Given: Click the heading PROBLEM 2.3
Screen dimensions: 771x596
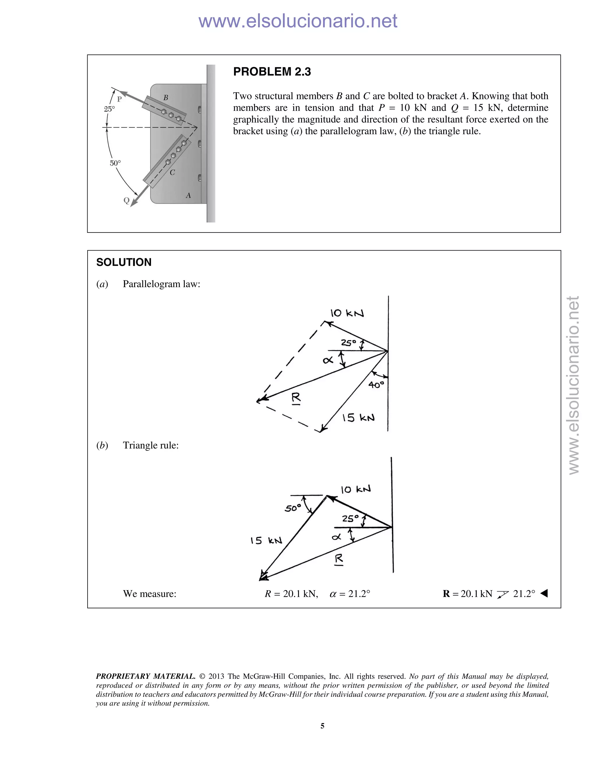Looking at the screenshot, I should pyautogui.click(x=272, y=72).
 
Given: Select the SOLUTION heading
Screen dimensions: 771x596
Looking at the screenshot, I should pyautogui.click(x=124, y=262).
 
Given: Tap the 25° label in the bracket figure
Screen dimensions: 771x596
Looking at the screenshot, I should pyautogui.click(x=109, y=109).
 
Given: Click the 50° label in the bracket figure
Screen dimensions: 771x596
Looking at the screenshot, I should pyautogui.click(x=115, y=163).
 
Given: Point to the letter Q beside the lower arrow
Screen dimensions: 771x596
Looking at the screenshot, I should pyautogui.click(x=126, y=200).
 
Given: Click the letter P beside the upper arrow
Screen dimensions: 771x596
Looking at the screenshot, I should pyautogui.click(x=119, y=99).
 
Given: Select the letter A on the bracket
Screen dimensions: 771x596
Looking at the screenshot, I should pyautogui.click(x=188, y=196).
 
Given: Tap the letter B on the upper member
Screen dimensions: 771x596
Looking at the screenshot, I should pyautogui.click(x=166, y=98).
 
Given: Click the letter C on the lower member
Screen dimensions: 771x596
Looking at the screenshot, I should pyautogui.click(x=172, y=173).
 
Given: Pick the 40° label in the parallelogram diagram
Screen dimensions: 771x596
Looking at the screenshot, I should pyautogui.click(x=376, y=384).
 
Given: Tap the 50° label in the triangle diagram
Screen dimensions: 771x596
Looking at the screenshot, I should pyautogui.click(x=293, y=508).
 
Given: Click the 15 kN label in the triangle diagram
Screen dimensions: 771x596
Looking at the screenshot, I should pyautogui.click(x=266, y=541).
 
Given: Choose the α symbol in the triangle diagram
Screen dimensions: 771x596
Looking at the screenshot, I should pyautogui.click(x=336, y=537).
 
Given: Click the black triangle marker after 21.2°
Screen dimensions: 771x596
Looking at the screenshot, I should pyautogui.click(x=544, y=594).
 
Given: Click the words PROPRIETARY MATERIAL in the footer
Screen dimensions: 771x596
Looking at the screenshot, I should pyautogui.click(x=146, y=676).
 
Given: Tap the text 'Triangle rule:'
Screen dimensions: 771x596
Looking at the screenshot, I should pyautogui.click(x=150, y=445).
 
